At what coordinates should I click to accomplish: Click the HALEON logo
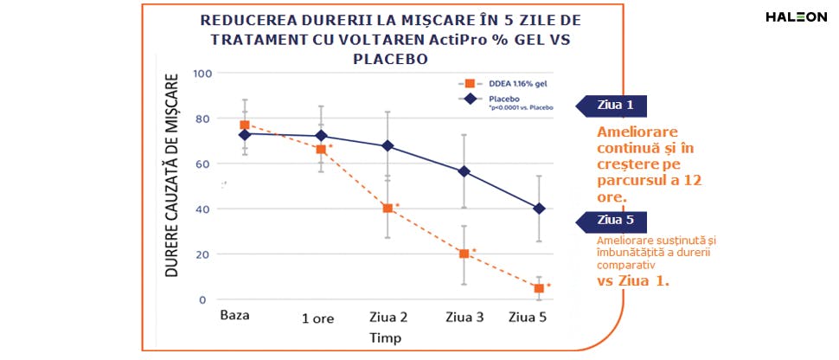click(796, 17)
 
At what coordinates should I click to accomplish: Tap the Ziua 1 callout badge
click(616, 106)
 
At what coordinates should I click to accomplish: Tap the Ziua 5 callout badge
click(616, 220)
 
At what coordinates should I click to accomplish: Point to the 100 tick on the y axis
click(202, 74)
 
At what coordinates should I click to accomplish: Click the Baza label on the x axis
click(235, 314)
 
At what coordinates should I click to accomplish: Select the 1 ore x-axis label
click(317, 318)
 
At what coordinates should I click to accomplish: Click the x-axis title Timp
click(385, 337)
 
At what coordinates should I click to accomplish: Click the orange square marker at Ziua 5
click(539, 288)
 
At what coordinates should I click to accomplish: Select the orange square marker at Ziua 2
click(387, 209)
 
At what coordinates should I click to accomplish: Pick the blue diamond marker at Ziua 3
click(464, 171)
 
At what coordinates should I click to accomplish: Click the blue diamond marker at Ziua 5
click(539, 209)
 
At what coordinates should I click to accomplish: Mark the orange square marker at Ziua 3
click(464, 254)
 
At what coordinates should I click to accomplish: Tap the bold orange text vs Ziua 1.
click(633, 281)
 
